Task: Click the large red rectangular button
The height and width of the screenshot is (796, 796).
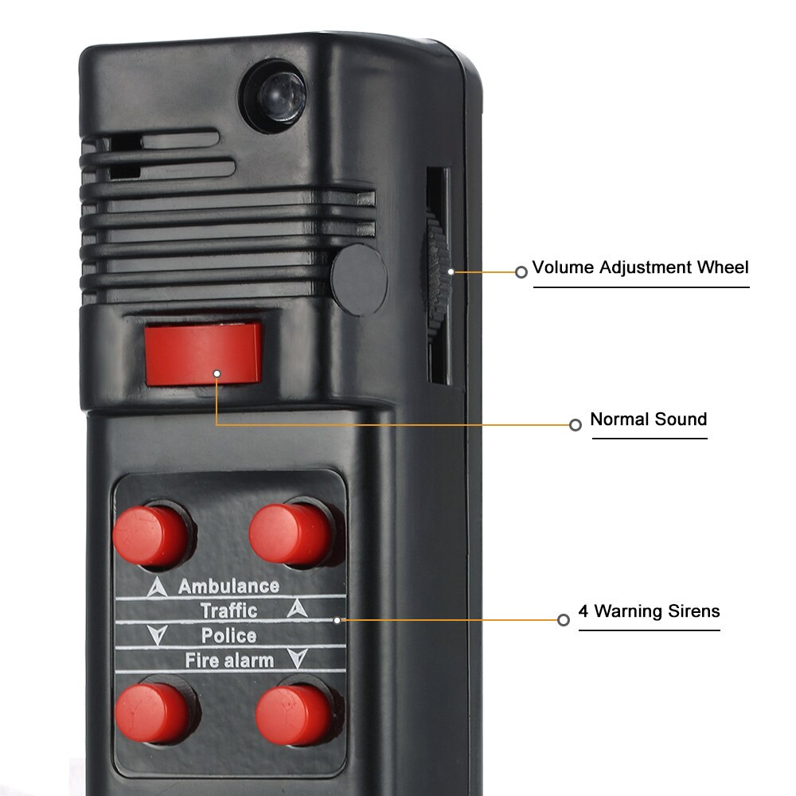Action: coord(203,352)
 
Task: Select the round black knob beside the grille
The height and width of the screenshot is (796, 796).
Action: coord(359,279)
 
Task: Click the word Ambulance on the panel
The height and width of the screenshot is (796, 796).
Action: coord(228,587)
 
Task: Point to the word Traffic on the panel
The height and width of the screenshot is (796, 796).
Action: coord(228,611)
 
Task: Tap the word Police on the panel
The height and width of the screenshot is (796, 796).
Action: coord(228,636)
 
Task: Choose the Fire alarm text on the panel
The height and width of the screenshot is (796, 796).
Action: coord(229,660)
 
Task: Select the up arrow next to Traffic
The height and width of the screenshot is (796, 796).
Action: coord(297,610)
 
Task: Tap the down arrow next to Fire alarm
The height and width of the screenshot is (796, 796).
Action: coord(298,659)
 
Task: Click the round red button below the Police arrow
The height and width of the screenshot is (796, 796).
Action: coord(152,711)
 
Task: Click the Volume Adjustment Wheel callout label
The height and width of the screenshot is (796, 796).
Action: coord(641,267)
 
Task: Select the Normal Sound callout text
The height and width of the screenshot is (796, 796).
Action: coord(648,419)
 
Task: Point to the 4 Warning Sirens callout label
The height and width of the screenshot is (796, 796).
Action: coord(649,611)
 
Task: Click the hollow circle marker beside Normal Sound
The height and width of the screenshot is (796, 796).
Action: coord(576,425)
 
